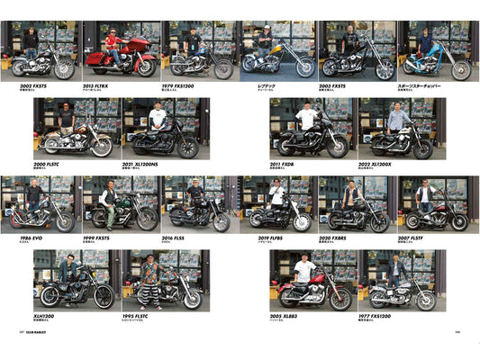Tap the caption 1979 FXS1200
coord(185,85)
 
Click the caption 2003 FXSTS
coord(336,85)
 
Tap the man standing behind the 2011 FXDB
coord(307,119)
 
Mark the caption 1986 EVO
coord(23,238)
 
